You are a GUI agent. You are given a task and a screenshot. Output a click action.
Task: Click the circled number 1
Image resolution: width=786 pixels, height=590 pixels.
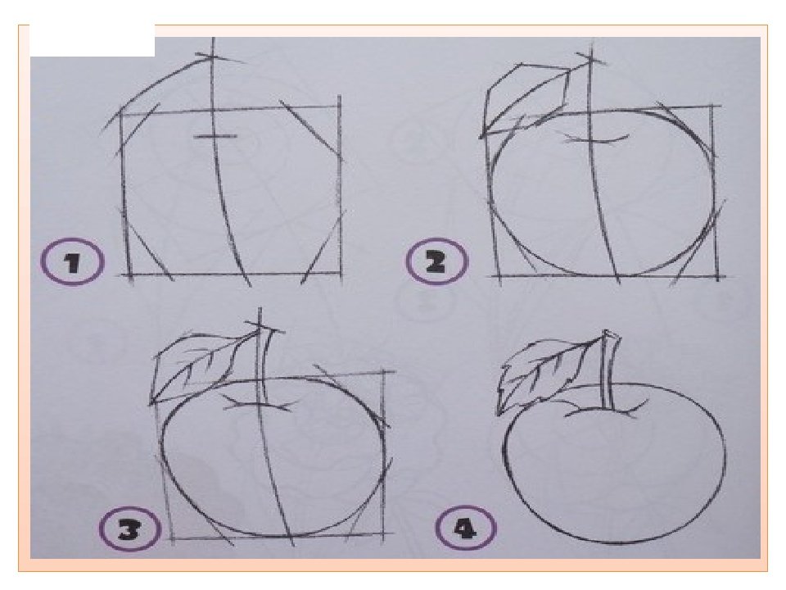pos(73,262)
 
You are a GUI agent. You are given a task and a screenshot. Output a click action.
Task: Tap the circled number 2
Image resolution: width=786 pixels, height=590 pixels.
pos(436,261)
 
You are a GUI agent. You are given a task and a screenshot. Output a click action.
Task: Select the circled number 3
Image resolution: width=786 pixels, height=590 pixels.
pos(130,529)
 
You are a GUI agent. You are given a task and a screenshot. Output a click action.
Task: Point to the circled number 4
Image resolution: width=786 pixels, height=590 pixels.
pos(466,528)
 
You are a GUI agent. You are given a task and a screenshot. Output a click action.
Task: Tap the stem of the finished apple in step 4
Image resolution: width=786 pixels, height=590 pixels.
pos(608,371)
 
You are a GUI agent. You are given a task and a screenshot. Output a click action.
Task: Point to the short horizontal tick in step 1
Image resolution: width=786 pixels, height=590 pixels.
pos(215,136)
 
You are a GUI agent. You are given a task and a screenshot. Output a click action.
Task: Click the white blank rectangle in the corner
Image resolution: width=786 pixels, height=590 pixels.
pos(93,40)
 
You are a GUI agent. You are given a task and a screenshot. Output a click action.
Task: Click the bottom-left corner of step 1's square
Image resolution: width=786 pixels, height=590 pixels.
pos(129,275)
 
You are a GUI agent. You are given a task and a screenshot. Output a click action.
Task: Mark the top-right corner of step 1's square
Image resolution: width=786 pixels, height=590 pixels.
pos(339,107)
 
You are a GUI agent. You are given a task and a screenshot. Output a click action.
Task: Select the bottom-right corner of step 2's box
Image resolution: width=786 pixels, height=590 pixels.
pos(717,276)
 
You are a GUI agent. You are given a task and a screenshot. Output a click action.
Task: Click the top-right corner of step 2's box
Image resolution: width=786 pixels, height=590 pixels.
pos(712,106)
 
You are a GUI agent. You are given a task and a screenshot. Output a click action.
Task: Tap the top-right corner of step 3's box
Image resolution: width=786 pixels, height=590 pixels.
pos(384,372)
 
